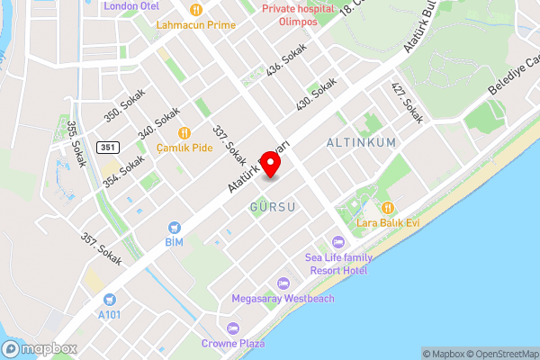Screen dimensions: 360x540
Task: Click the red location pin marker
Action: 270,163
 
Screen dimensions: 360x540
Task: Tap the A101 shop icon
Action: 110,299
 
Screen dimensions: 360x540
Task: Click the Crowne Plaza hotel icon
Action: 233,328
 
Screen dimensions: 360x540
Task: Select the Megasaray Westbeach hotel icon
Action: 283,283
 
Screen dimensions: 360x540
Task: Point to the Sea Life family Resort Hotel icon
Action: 337,241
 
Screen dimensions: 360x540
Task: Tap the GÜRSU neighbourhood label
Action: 273,208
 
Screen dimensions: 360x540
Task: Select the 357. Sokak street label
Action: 101,249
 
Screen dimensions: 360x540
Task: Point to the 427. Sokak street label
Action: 407,103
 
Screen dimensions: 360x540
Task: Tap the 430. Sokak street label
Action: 317,94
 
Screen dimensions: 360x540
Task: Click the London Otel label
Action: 131,5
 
